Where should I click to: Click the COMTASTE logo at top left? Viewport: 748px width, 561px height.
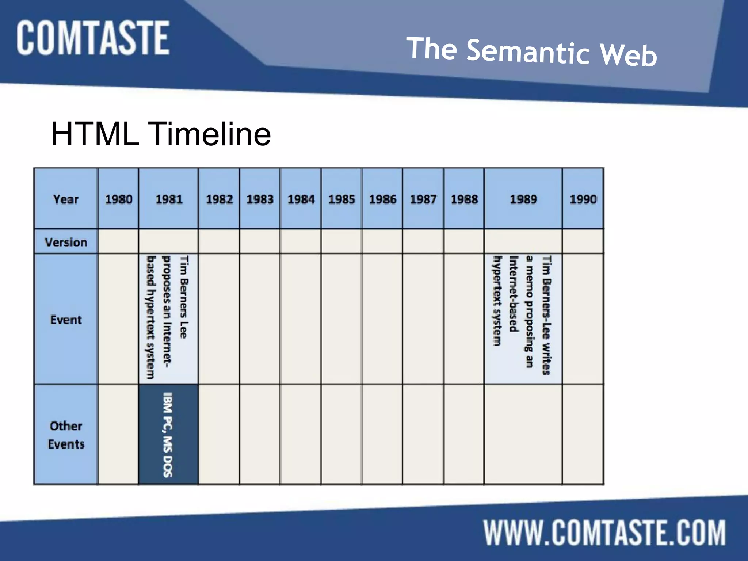click(93, 38)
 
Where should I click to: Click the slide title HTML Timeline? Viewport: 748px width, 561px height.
click(161, 134)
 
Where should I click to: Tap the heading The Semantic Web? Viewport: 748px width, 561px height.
click(531, 52)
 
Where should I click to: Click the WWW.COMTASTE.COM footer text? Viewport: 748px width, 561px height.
click(604, 533)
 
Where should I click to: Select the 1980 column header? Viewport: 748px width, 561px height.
click(118, 199)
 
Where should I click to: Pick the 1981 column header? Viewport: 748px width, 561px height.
click(169, 199)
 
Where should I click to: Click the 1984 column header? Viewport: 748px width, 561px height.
click(301, 199)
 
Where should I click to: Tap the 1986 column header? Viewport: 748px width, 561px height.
click(382, 199)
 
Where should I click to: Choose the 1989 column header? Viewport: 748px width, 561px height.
click(523, 199)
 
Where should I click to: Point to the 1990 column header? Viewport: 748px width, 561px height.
click(583, 199)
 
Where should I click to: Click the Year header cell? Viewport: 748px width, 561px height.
click(66, 199)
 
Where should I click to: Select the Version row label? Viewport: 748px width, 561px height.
click(66, 242)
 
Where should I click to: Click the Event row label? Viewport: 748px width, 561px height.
click(66, 320)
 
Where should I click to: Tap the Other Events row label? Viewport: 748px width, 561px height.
click(66, 435)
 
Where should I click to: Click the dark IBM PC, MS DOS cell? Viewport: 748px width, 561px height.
click(168, 435)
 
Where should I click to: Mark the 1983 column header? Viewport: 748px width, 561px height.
click(260, 199)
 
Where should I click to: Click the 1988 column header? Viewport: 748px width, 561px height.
click(464, 199)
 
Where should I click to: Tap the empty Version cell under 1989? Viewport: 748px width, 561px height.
click(523, 241)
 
